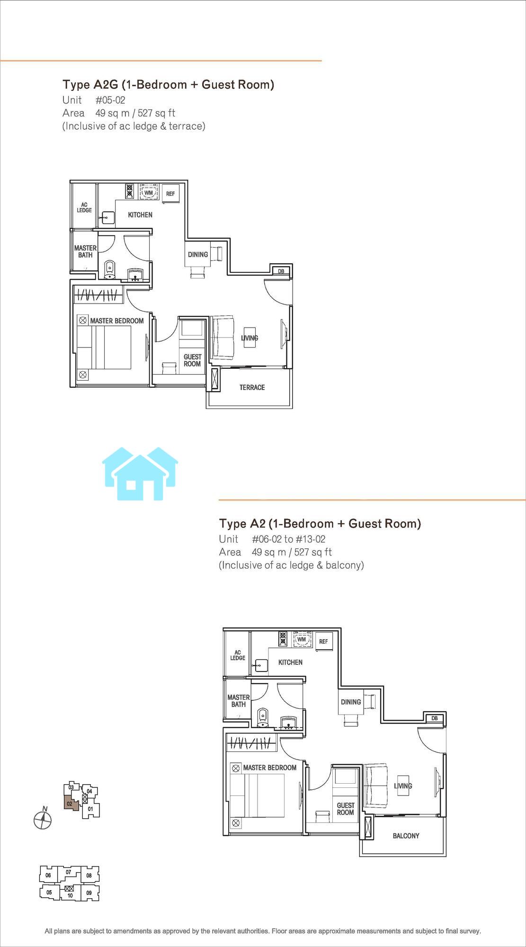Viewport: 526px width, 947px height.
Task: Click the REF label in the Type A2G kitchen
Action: pyautogui.click(x=170, y=194)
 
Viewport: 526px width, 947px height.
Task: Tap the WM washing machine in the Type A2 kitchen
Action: pyautogui.click(x=302, y=639)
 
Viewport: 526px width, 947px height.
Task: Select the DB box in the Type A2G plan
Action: pyautogui.click(x=281, y=271)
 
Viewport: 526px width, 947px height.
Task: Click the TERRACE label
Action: pyautogui.click(x=252, y=387)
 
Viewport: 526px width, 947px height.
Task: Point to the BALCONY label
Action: pyautogui.click(x=406, y=836)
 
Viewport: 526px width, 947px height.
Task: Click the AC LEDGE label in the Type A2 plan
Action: pyautogui.click(x=238, y=655)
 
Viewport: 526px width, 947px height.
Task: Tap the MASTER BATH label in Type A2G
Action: pyautogui.click(x=85, y=251)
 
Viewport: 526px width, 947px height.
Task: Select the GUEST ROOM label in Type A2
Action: pyautogui.click(x=346, y=809)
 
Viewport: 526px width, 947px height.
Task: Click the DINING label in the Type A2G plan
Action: pyautogui.click(x=198, y=254)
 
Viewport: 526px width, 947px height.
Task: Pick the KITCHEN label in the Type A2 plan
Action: pyautogui.click(x=290, y=662)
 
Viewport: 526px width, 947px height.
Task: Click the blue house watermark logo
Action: pyautogui.click(x=140, y=473)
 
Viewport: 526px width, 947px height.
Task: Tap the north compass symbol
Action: pyautogui.click(x=43, y=819)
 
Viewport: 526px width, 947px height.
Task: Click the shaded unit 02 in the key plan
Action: pyautogui.click(x=70, y=804)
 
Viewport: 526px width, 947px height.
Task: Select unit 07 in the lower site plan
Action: pyautogui.click(x=69, y=872)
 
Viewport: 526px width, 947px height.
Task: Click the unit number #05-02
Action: pyautogui.click(x=110, y=100)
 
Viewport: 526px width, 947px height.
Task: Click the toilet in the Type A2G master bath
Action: pyautogui.click(x=110, y=269)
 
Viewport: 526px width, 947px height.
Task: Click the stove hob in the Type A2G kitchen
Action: pyautogui.click(x=130, y=191)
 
